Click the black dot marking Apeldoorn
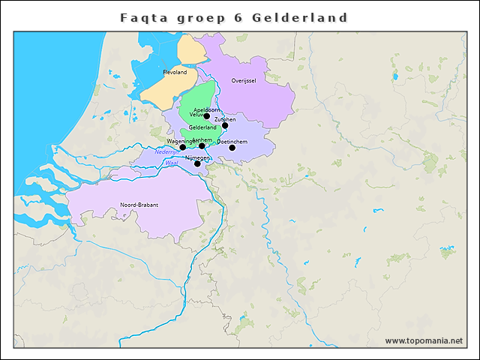pos(207,116)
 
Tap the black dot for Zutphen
pos(225,125)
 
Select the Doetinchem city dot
pos(232,148)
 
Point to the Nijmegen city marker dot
pos(197,163)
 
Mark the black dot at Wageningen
pos(182,147)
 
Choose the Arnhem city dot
pos(202,146)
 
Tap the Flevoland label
pos(174,72)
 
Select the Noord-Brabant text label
pos(138,205)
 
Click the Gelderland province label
pos(202,127)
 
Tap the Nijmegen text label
pos(196,158)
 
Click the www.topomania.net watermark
pos(424,340)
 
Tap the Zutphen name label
pos(225,119)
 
